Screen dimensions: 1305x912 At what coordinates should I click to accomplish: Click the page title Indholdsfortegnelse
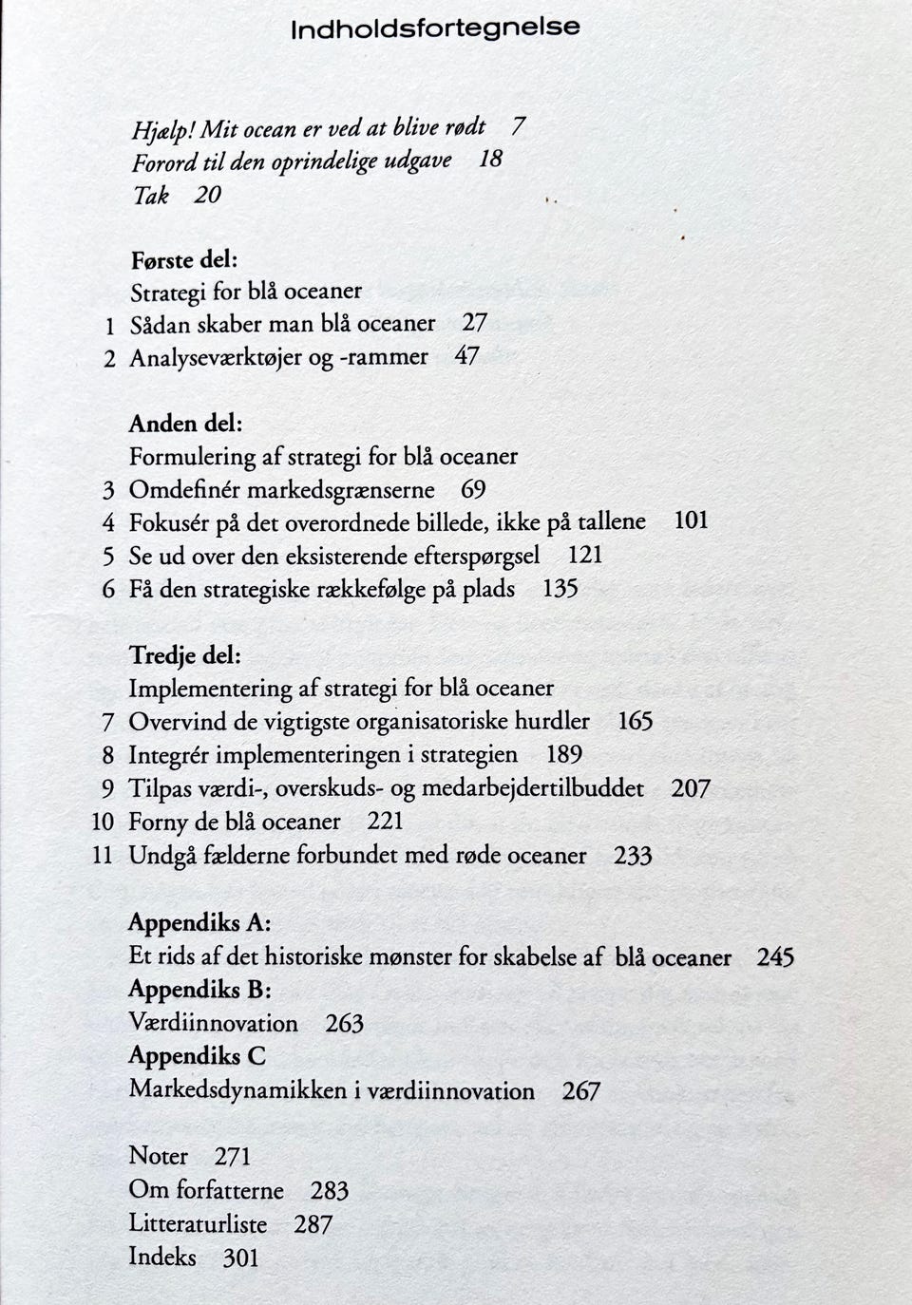(x=435, y=28)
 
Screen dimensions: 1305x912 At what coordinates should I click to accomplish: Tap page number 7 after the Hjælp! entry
(x=518, y=125)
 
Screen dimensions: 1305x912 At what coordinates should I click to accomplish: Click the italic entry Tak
(x=150, y=196)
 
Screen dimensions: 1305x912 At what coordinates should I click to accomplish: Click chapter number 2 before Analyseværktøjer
(x=109, y=359)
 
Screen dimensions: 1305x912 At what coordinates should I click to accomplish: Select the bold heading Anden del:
(x=186, y=424)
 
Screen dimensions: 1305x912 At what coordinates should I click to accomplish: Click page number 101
(x=691, y=520)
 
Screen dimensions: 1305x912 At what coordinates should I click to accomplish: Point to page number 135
(x=560, y=589)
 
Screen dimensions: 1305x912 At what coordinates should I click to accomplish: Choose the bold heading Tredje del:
(x=184, y=655)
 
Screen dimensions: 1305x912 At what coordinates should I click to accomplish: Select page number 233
(x=633, y=856)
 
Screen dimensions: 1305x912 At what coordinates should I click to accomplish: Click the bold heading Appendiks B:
(x=199, y=990)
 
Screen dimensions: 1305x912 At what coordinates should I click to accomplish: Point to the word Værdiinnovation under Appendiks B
(x=213, y=1023)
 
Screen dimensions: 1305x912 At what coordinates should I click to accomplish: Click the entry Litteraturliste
(x=198, y=1223)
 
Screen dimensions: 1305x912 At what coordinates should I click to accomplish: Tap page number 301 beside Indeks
(x=240, y=1258)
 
